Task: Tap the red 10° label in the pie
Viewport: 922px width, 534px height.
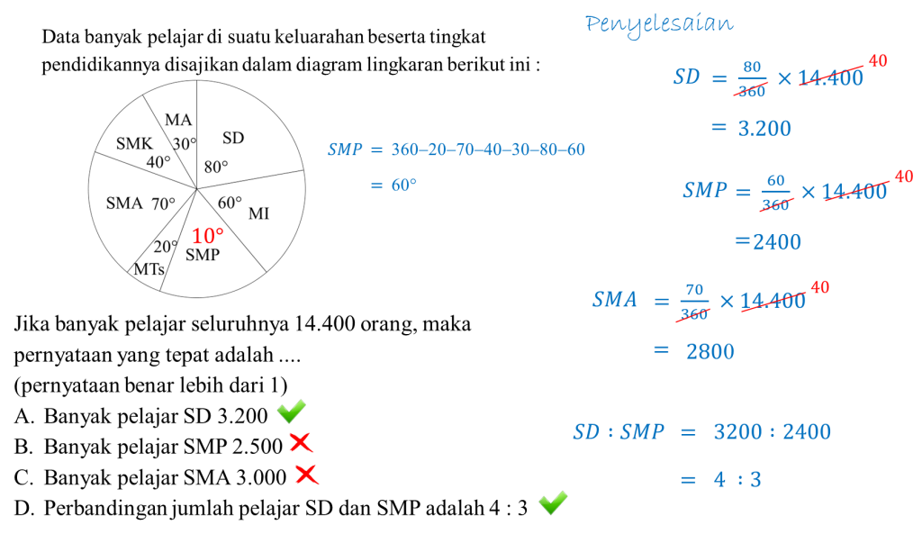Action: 206,236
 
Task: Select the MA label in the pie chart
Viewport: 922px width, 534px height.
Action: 178,120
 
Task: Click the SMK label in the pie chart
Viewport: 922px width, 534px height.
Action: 134,143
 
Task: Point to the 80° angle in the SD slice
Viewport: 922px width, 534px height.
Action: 216,167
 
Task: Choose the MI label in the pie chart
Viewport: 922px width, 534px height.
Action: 258,213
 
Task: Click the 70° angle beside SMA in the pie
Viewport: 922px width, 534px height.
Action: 163,204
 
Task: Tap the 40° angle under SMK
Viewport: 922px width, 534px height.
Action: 158,162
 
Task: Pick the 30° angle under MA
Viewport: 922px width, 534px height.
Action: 185,144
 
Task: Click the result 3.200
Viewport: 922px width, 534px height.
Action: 764,129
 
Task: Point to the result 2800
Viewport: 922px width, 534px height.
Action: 710,351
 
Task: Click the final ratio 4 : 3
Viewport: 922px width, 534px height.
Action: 737,480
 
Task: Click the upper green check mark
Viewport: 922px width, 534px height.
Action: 291,411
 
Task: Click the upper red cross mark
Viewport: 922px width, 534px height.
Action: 300,442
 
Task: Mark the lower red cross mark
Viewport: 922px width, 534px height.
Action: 306,474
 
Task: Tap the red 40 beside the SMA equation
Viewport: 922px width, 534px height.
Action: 820,287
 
